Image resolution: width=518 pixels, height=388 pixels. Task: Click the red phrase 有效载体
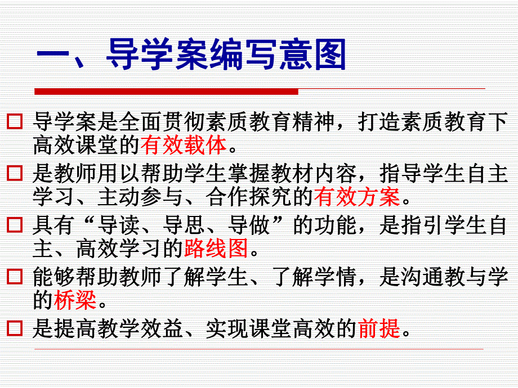(x=184, y=146)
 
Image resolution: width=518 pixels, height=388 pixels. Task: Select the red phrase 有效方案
(x=357, y=197)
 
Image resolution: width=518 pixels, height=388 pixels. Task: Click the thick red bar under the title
(x=166, y=92)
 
